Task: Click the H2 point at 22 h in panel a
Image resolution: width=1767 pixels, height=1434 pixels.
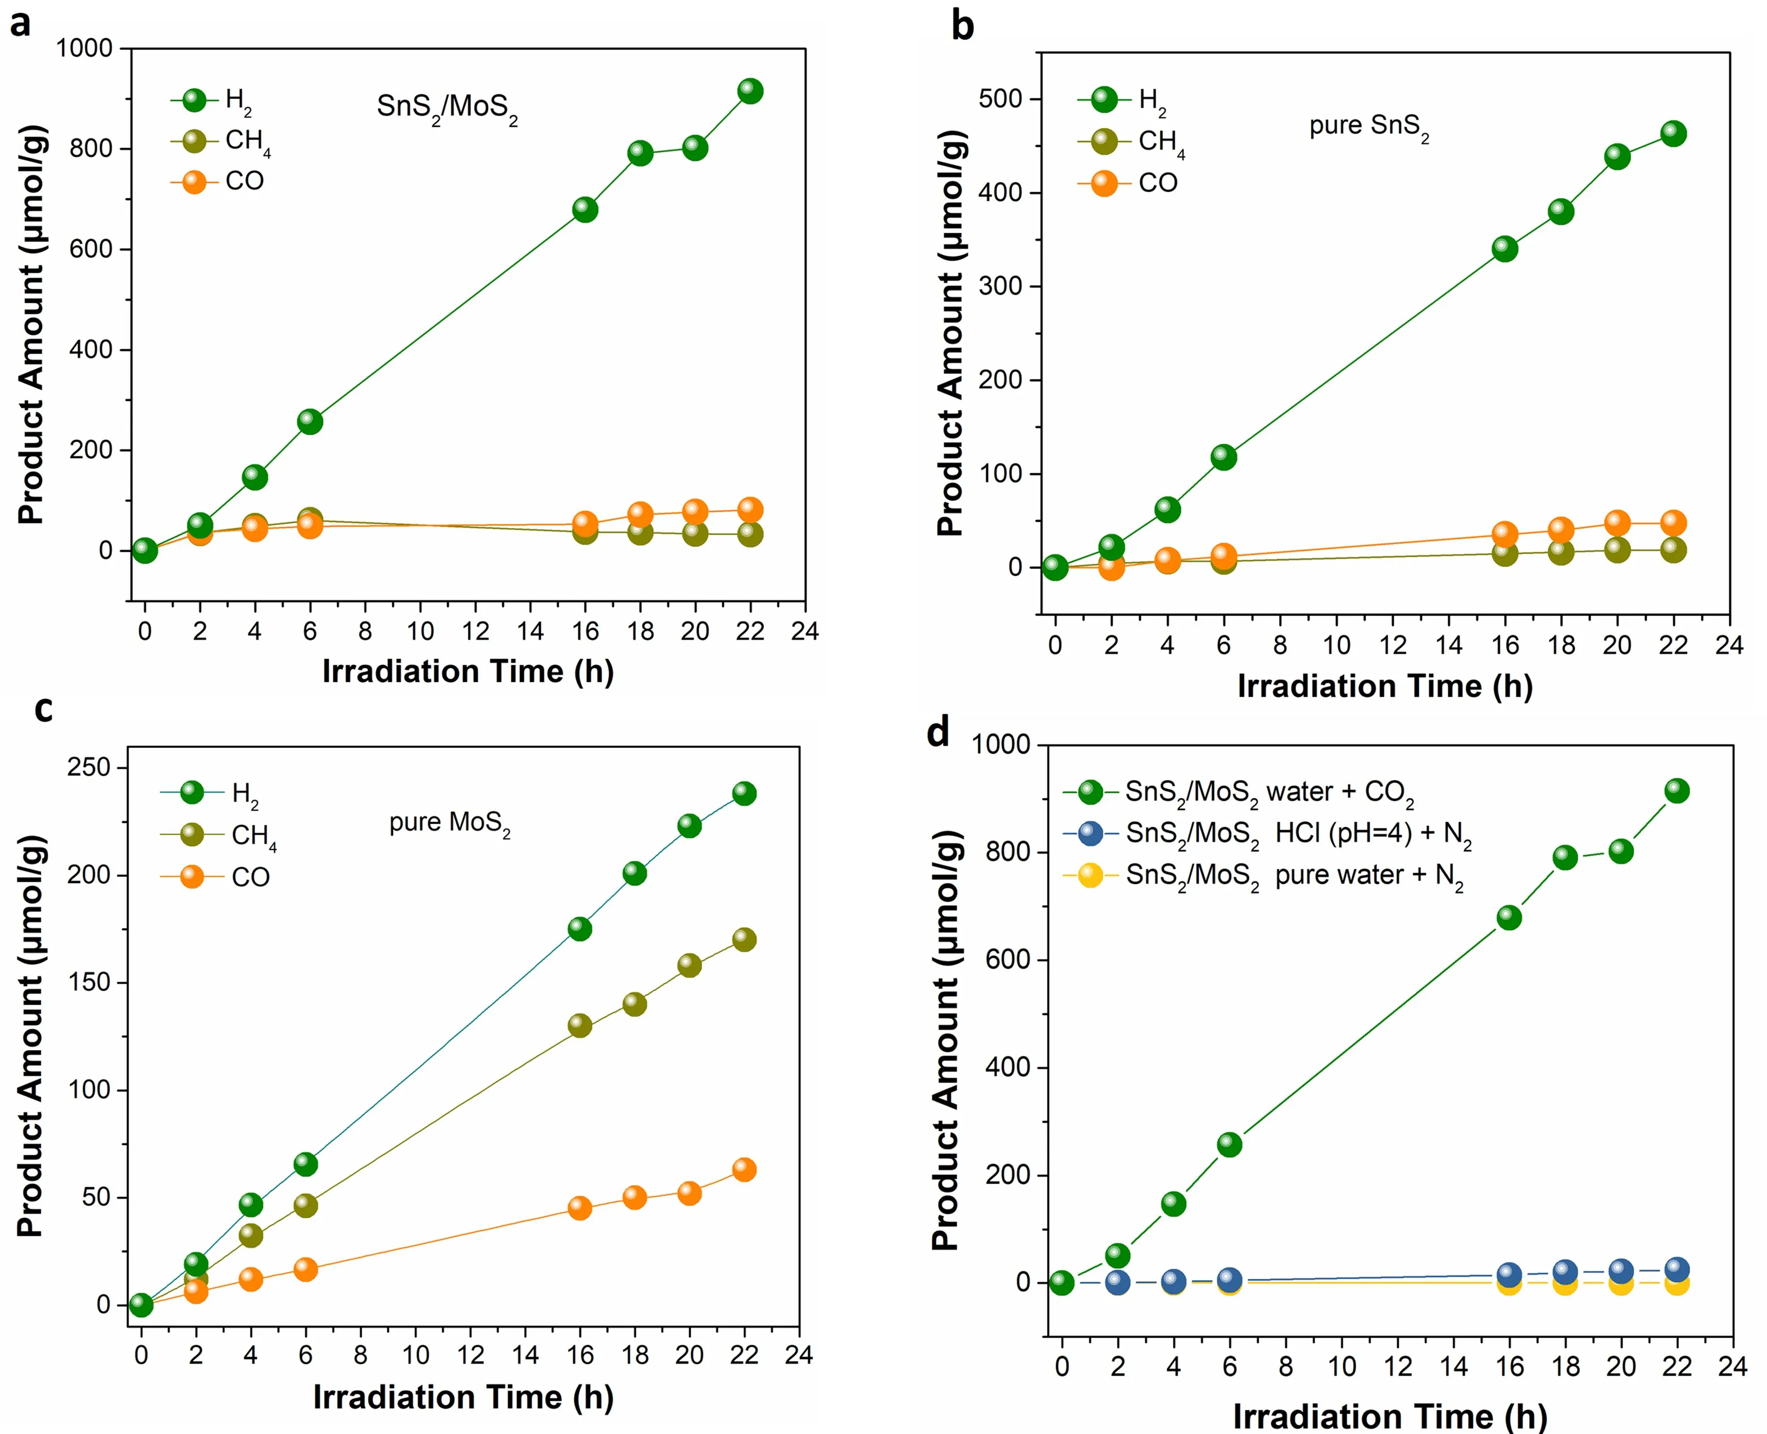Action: tap(749, 91)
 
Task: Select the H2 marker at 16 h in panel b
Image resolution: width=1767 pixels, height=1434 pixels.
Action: tap(1505, 248)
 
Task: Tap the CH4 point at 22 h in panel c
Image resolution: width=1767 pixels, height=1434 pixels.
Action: tap(744, 939)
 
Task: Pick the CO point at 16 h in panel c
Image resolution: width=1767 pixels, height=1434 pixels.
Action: tap(580, 1208)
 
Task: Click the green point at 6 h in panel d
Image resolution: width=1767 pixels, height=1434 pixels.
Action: tap(1229, 1144)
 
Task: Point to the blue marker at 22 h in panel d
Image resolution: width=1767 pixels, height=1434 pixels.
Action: tap(1676, 1269)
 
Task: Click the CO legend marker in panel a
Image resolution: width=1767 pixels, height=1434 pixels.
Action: tap(194, 181)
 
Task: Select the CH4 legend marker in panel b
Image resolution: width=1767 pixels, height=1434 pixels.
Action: tap(1104, 141)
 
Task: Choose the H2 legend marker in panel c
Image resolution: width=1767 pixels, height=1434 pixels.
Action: tap(192, 792)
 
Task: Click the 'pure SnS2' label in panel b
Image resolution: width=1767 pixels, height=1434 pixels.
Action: tap(1369, 126)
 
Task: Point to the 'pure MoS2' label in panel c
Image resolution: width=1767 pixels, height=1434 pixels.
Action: tap(450, 824)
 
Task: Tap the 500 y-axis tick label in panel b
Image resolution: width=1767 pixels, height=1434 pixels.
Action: tap(1000, 99)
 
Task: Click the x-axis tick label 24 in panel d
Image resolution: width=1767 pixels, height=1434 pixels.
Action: tap(1732, 1366)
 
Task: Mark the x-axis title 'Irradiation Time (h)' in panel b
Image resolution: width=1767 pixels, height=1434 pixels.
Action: tap(1384, 687)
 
